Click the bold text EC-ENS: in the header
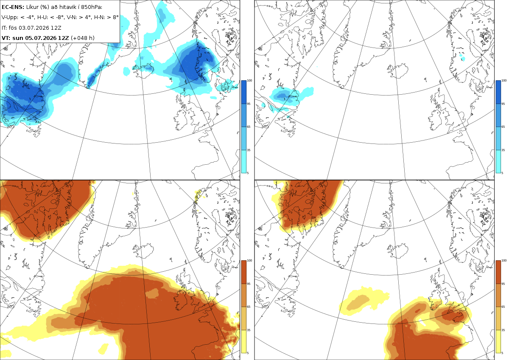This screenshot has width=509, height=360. click(13, 7)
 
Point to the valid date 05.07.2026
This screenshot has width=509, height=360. click(40, 38)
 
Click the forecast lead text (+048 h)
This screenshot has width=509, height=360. click(83, 38)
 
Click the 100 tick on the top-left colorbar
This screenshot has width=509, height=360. click(249, 81)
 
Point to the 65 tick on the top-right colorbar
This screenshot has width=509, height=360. click(503, 127)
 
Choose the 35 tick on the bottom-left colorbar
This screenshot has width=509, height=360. click(249, 330)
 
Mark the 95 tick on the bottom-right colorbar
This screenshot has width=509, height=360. click(503, 284)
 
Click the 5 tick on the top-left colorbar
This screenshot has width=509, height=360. click(248, 173)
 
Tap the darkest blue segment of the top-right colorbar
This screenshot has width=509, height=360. click(498, 92)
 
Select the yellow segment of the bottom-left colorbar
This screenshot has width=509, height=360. click(243, 341)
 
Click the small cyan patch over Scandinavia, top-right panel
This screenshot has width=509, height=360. click(462, 58)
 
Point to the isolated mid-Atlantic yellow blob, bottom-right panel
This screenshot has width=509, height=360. click(364, 301)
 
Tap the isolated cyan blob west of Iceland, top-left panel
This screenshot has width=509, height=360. click(126, 71)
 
